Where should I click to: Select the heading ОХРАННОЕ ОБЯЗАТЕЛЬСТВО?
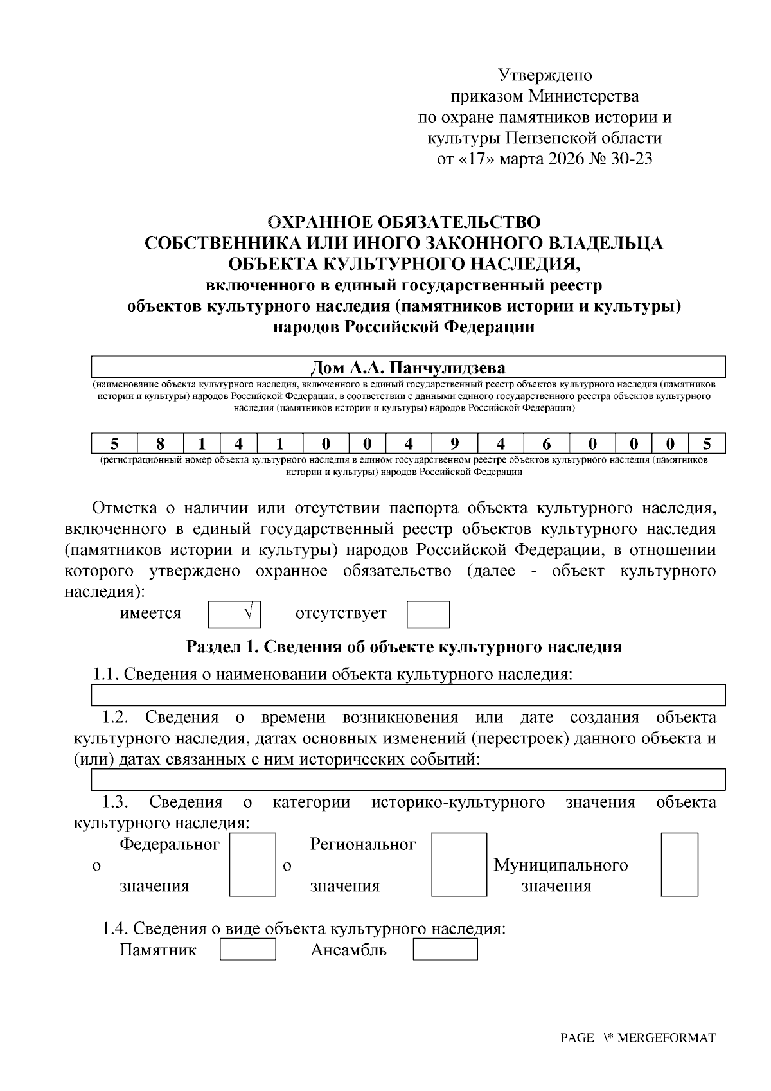(x=403, y=222)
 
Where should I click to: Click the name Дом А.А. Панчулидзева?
(x=408, y=368)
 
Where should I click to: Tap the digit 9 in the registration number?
(x=454, y=443)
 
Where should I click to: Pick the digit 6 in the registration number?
(x=546, y=443)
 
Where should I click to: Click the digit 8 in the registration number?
(x=160, y=443)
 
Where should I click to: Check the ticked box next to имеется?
(x=235, y=614)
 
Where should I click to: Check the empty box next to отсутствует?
(x=428, y=614)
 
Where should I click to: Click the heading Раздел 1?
(x=403, y=646)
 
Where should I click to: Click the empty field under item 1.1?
(x=408, y=695)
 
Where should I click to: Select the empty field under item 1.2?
(x=408, y=779)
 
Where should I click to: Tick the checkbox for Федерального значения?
(x=253, y=864)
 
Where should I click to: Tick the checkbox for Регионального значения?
(x=459, y=864)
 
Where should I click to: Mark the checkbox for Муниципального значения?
(x=679, y=864)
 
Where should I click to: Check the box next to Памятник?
(x=247, y=949)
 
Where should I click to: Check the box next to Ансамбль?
(x=445, y=949)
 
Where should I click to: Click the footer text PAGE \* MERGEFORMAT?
(x=637, y=1038)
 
